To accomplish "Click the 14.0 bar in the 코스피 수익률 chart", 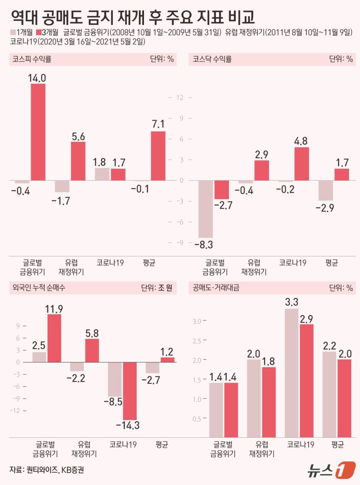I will pos(38,132).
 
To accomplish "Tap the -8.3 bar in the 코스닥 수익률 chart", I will pos(206,209).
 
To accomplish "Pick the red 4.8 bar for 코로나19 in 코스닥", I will pos(301,164).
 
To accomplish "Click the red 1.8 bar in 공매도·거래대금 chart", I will pos(269,402).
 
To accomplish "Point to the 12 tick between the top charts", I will pos(180,97).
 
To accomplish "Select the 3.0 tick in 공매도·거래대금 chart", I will pos(198,321).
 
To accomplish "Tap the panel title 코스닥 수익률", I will pos(212,59).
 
